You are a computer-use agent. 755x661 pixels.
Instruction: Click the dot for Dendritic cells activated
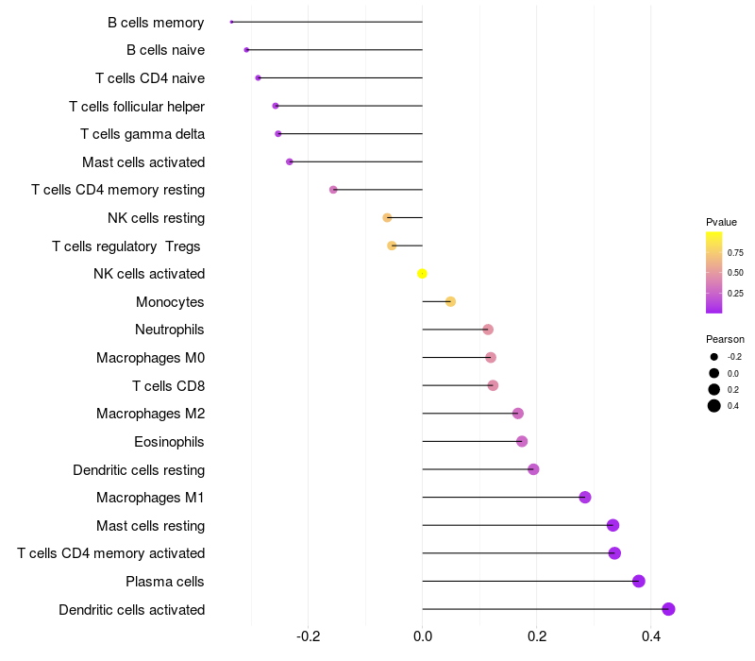tap(669, 609)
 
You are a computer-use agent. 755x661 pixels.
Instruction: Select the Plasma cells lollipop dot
tap(639, 582)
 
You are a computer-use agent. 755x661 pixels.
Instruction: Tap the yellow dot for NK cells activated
tap(423, 274)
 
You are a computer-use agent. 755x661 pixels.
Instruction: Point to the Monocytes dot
tap(451, 302)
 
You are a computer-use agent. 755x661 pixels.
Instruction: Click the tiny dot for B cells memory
tap(232, 22)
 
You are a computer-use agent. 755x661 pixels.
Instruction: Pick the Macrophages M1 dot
tap(585, 498)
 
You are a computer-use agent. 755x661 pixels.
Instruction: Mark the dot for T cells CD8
tap(493, 385)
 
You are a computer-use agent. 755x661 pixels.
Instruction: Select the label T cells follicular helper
tap(137, 106)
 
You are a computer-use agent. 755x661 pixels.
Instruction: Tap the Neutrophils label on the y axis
tap(170, 330)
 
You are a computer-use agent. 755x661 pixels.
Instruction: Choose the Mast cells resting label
tap(151, 526)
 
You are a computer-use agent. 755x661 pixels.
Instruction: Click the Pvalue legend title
tap(722, 222)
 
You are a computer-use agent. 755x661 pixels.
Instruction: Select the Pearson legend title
tap(725, 339)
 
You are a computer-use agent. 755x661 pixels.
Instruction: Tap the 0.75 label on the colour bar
tap(735, 253)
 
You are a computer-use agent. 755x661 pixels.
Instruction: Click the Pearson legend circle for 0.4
tap(714, 406)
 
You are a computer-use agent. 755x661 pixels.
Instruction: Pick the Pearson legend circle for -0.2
tap(714, 357)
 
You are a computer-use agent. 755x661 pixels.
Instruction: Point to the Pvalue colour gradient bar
tap(714, 272)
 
